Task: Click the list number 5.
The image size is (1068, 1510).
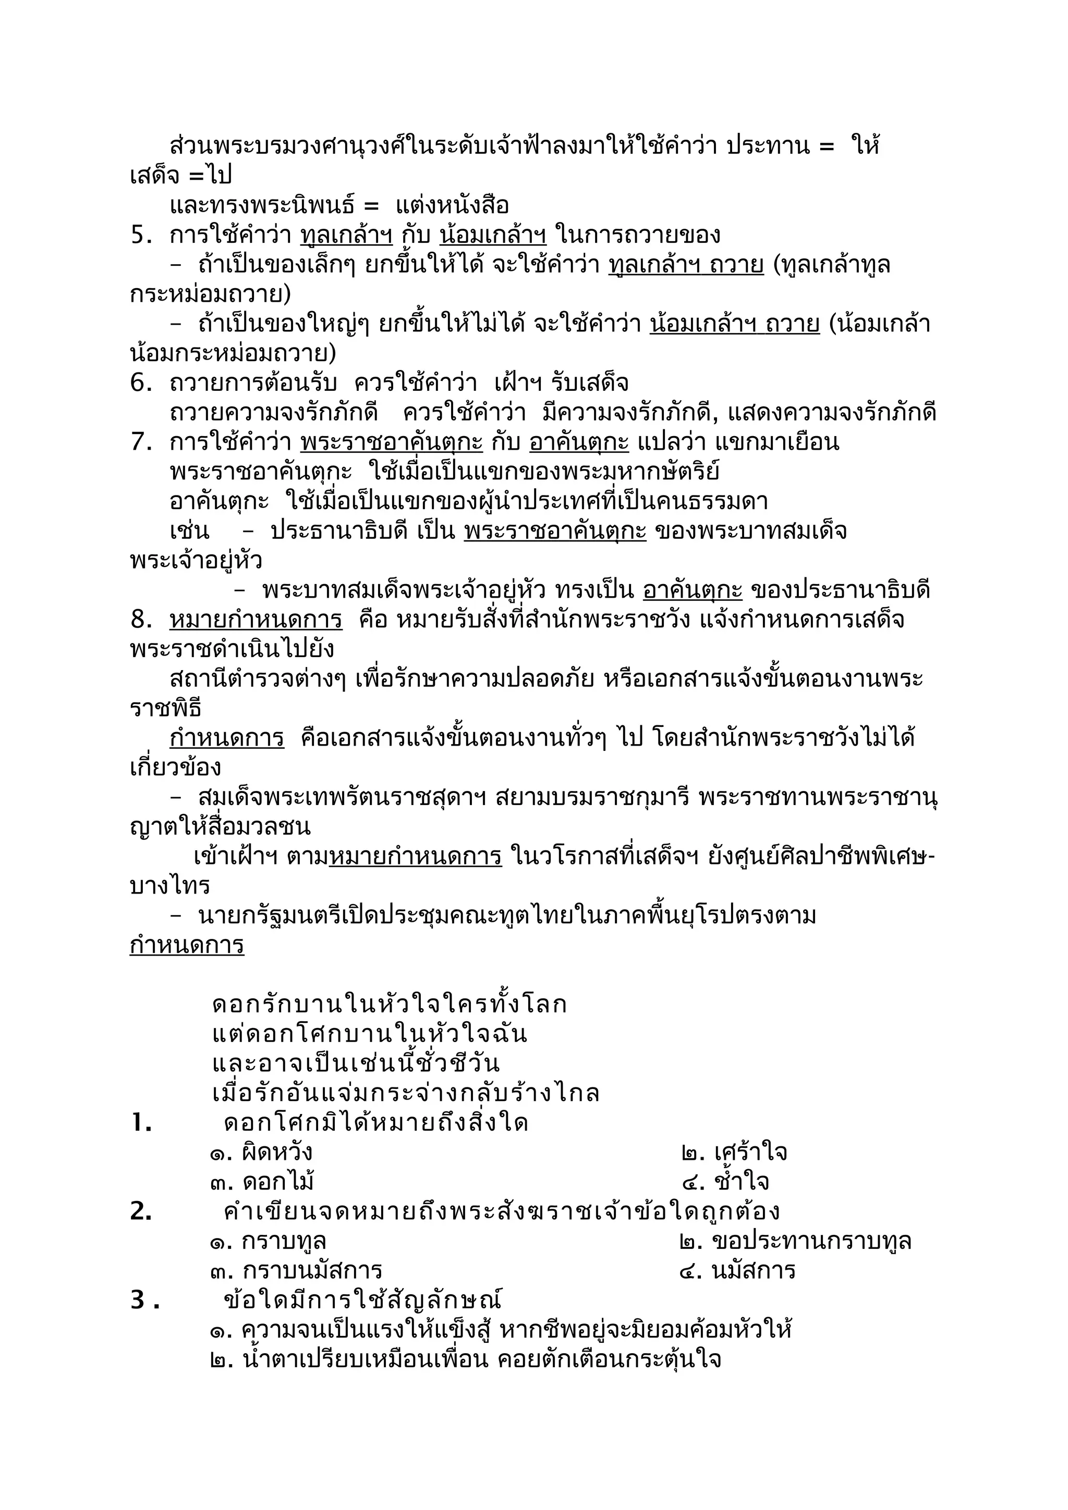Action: (140, 236)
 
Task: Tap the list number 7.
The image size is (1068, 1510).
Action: (141, 442)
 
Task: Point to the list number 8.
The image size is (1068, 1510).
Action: (141, 620)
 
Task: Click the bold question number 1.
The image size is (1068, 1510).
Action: (141, 1123)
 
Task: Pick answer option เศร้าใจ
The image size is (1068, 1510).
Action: (734, 1153)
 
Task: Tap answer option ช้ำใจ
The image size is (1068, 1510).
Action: (726, 1182)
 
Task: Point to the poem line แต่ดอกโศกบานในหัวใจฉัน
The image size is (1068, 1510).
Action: (369, 1034)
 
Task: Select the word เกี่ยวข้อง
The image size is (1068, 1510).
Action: (175, 768)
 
